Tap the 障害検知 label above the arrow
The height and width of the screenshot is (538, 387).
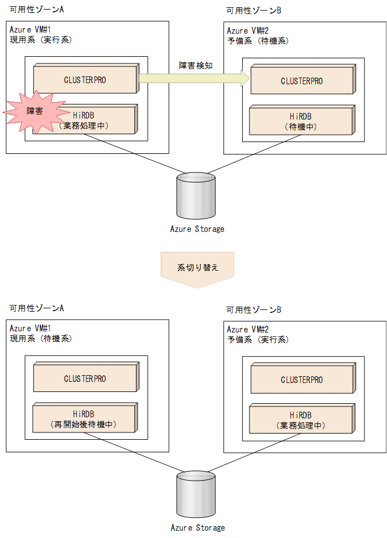tap(192, 66)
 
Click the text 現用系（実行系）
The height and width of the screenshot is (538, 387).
tap(41, 40)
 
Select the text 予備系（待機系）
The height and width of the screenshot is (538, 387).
tap(258, 41)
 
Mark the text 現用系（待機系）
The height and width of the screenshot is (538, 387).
tap(41, 339)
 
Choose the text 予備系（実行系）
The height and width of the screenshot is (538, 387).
tap(258, 340)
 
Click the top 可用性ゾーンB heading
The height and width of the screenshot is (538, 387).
tap(254, 10)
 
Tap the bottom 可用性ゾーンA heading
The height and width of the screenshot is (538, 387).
tap(37, 308)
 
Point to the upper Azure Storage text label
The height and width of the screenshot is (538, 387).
tap(197, 229)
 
